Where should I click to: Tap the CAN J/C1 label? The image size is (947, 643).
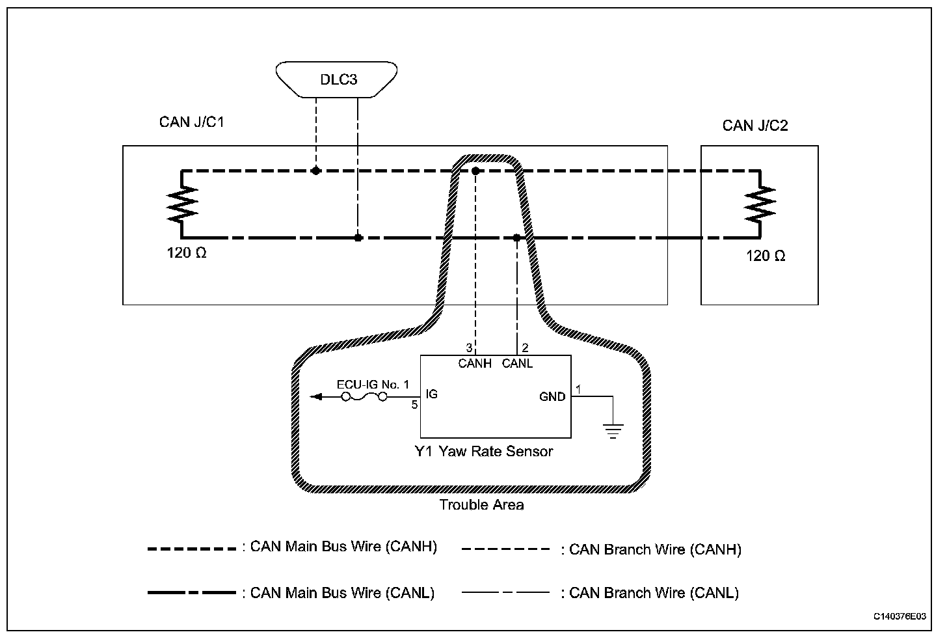(x=191, y=122)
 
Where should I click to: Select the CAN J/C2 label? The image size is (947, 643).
(x=754, y=126)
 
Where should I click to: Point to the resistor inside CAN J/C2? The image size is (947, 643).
(x=760, y=204)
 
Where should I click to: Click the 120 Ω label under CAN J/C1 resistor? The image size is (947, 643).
(x=187, y=253)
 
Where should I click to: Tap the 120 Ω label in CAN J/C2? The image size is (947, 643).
(x=766, y=256)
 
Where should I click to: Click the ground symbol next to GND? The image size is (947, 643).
(x=613, y=430)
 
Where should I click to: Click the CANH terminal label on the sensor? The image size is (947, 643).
(x=475, y=364)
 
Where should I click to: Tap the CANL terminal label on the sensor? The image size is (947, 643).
(x=517, y=364)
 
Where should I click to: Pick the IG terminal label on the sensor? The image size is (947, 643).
(x=431, y=394)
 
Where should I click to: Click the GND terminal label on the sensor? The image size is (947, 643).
(x=552, y=396)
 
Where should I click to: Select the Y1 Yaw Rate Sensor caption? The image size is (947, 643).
(x=484, y=452)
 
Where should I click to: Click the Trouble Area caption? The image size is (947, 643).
(x=481, y=505)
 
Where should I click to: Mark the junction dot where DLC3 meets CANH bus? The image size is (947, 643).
(x=315, y=171)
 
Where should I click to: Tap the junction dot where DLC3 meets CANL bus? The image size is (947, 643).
(x=358, y=238)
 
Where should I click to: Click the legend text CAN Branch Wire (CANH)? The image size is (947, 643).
(x=654, y=550)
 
